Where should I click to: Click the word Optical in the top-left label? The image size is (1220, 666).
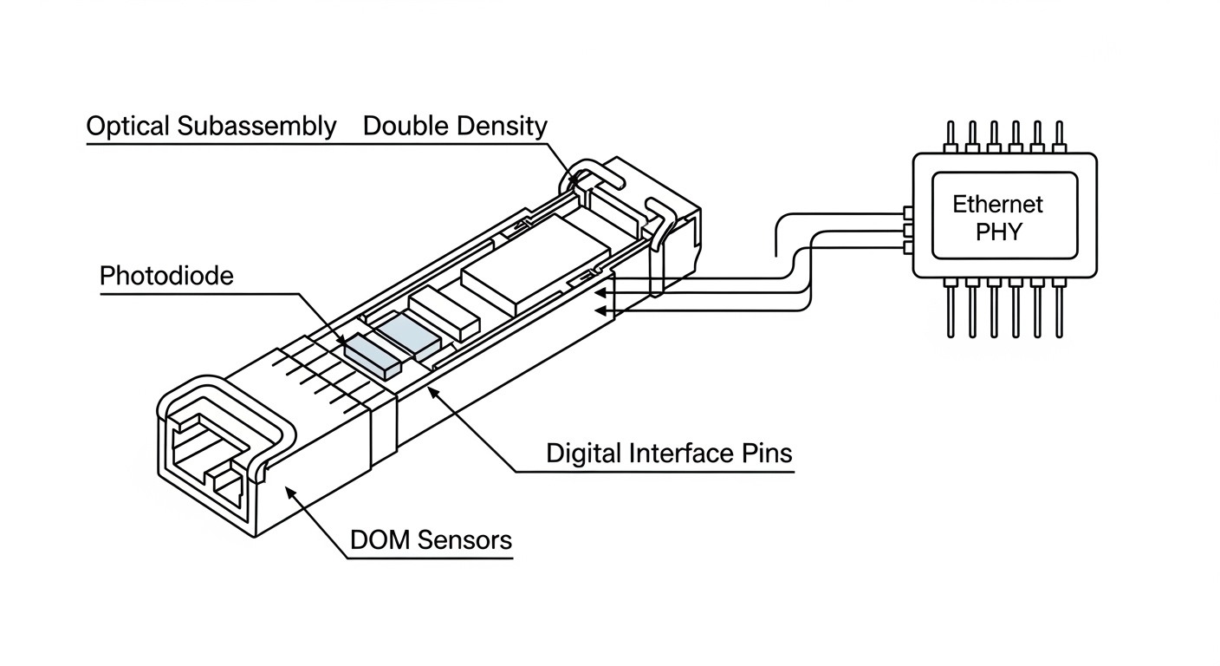point(127,127)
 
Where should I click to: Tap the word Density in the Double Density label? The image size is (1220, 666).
point(503,127)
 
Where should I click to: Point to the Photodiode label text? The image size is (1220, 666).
point(166,277)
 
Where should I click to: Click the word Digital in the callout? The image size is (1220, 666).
point(586,453)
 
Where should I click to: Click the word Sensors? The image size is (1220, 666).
point(465,540)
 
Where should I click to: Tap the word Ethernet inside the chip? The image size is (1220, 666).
point(998,205)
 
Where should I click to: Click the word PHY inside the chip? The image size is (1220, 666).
point(998,232)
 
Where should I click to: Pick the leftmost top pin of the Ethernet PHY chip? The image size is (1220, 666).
point(951,137)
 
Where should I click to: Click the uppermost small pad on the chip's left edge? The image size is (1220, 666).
point(908,212)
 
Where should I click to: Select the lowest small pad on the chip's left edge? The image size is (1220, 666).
point(908,248)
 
